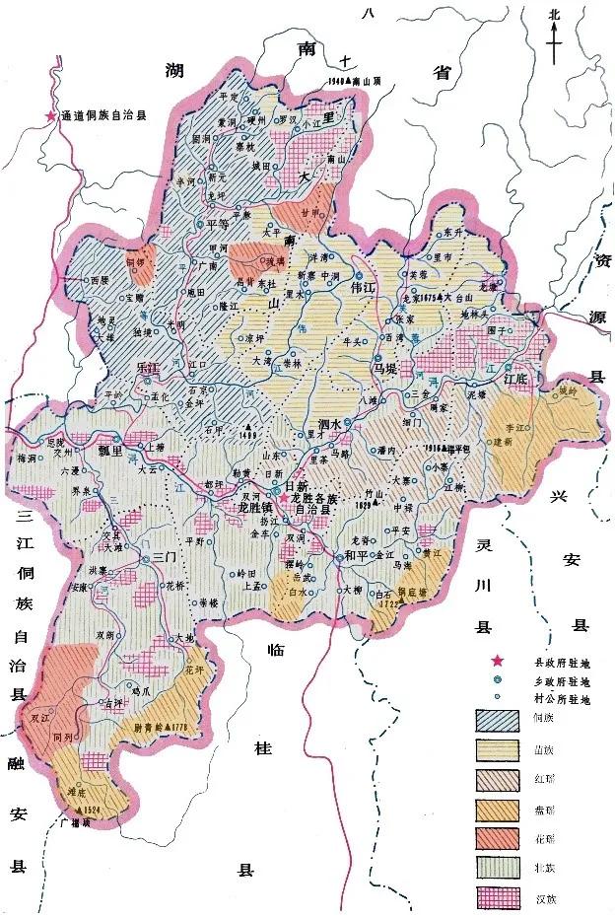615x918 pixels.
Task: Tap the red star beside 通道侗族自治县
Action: tap(50, 116)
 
